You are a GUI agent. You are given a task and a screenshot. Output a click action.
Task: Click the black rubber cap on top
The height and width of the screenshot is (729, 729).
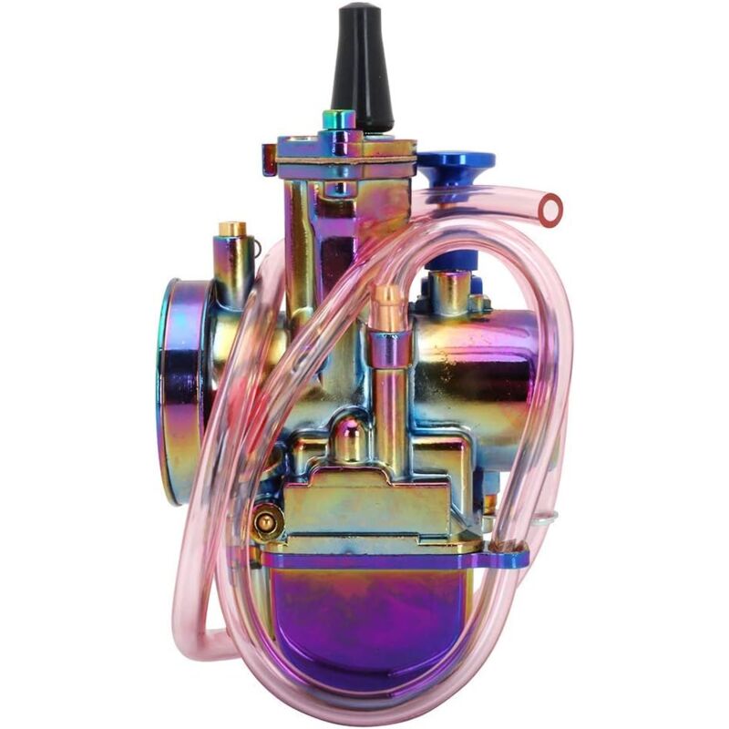click(361, 68)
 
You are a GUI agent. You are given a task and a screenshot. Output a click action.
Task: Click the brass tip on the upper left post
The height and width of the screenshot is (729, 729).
click(231, 228)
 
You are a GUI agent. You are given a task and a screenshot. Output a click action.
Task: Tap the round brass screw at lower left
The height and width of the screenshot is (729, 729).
click(265, 521)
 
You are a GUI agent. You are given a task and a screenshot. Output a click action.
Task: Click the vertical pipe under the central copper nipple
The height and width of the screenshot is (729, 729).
click(390, 392)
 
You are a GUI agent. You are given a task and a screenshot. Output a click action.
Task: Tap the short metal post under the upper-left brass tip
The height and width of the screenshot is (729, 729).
click(233, 269)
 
